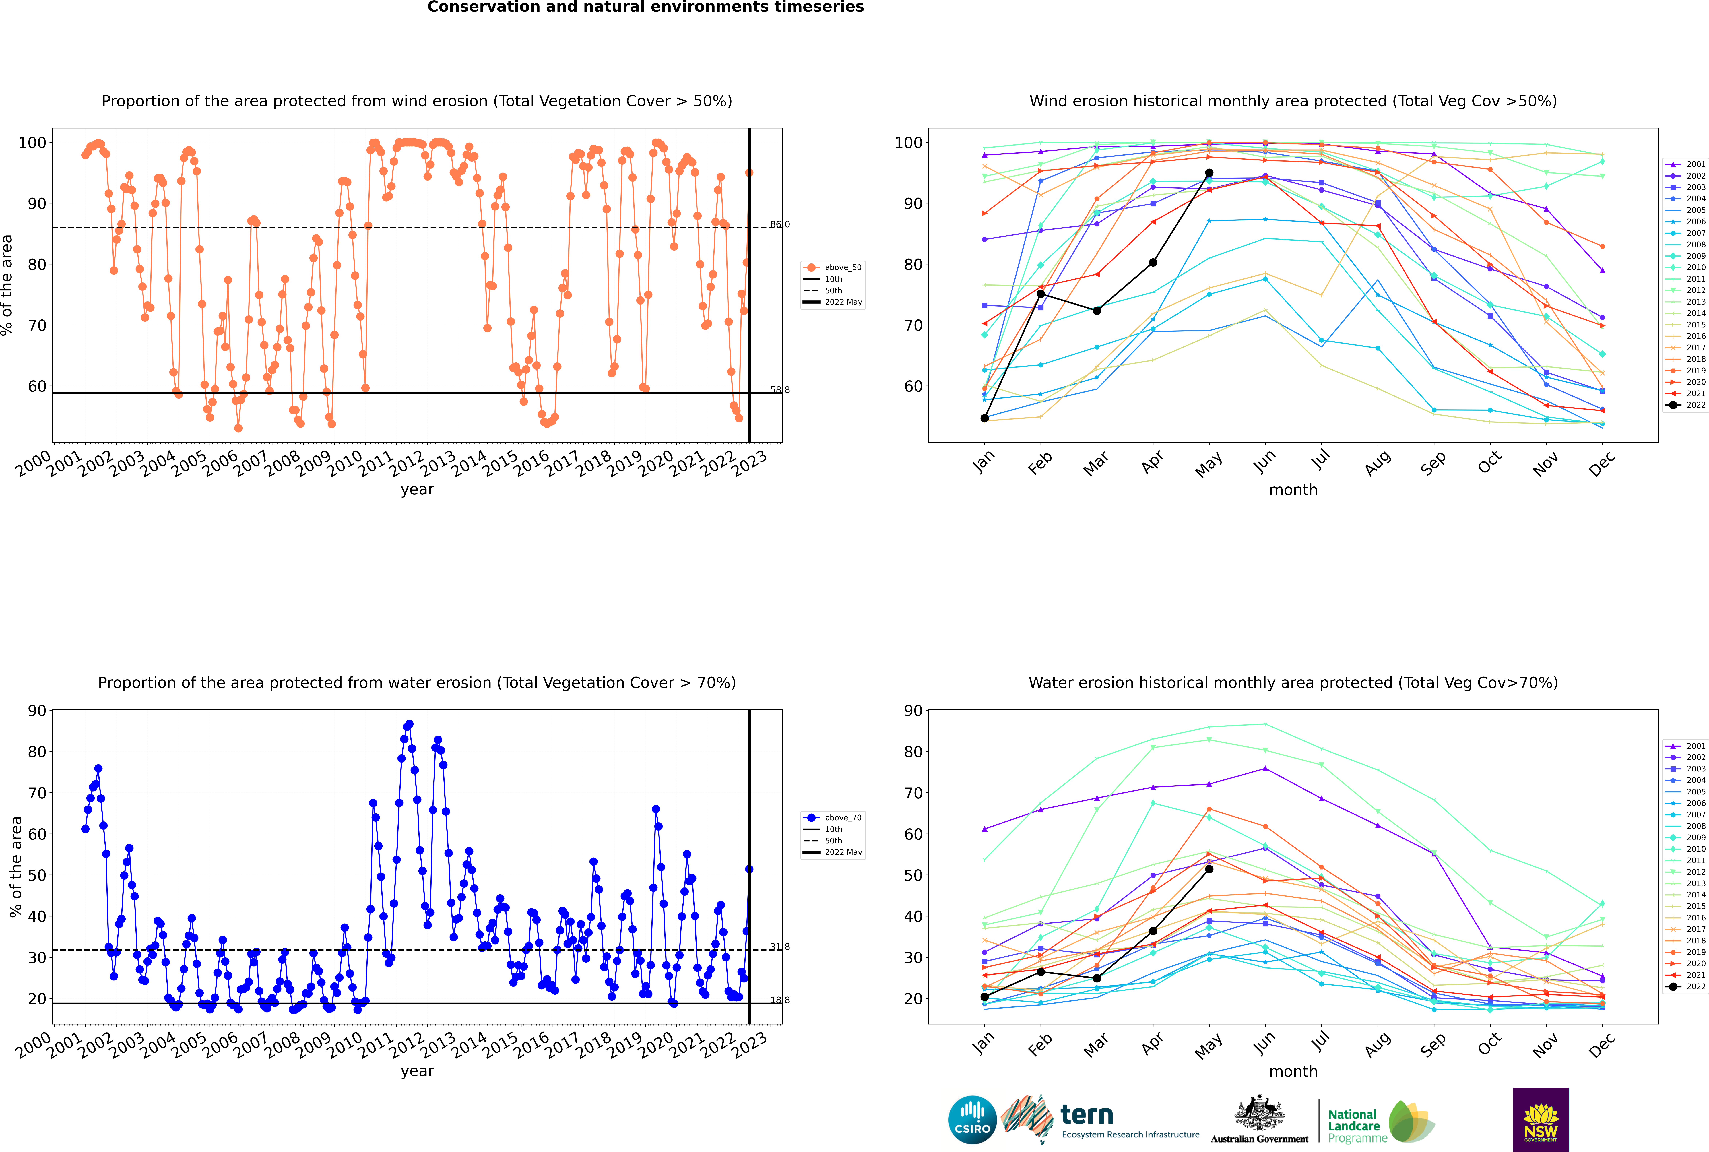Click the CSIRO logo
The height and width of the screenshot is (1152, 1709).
pos(972,1120)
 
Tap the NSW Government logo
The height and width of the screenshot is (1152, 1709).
pos(1541,1120)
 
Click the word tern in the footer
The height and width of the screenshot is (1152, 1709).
pos(1087,1115)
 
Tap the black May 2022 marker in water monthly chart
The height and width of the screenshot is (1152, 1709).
pos(1209,869)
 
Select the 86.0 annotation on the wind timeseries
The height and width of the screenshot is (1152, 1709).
pos(779,224)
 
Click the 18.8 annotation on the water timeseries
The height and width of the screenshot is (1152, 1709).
pos(779,1000)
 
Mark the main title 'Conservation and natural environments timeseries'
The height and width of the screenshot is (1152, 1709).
pos(646,7)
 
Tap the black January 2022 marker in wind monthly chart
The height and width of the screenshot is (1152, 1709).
pos(985,418)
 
